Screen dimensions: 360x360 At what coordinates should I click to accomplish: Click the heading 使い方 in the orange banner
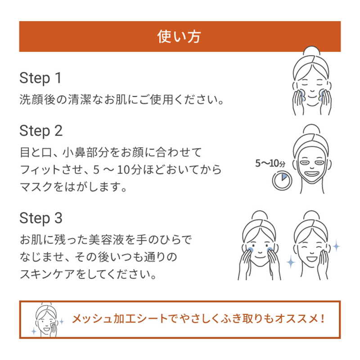click(x=179, y=36)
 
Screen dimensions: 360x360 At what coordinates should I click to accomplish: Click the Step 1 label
click(x=40, y=78)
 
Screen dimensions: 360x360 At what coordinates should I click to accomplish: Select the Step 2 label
click(x=41, y=131)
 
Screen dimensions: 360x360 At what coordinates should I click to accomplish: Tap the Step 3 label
click(x=41, y=218)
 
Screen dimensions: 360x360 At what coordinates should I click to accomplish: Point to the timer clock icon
click(x=282, y=181)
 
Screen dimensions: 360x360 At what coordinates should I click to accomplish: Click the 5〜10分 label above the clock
click(x=270, y=163)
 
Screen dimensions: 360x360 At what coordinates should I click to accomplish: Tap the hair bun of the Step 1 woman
click(x=311, y=51)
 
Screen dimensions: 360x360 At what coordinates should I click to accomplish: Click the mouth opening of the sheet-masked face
click(x=311, y=173)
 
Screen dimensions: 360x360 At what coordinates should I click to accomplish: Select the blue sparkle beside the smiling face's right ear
click(x=337, y=246)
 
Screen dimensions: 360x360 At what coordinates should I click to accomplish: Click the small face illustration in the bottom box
click(x=47, y=319)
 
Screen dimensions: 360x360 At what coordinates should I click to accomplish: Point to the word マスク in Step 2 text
click(x=36, y=187)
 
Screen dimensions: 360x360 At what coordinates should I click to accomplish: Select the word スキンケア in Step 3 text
click(x=47, y=274)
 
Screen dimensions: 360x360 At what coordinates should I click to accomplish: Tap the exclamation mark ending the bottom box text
click(x=323, y=319)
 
